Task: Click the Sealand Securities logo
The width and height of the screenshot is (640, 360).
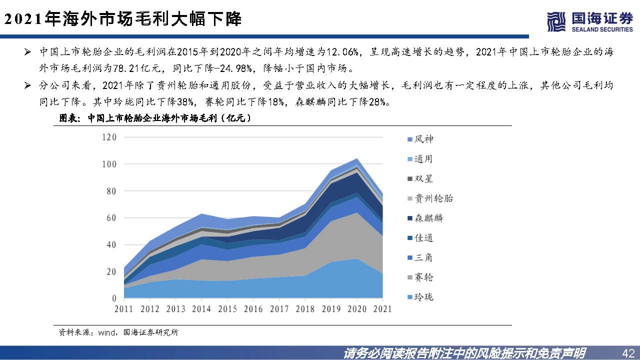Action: pyautogui.click(x=590, y=22)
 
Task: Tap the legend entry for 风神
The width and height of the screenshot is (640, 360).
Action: pyautogui.click(x=419, y=139)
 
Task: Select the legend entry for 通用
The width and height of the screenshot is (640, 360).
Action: pyautogui.click(x=419, y=159)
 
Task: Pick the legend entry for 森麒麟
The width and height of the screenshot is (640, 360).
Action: pyautogui.click(x=424, y=218)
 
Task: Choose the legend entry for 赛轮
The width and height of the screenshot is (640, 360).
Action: pyautogui.click(x=419, y=277)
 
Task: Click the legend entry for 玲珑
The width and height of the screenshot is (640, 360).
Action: pyautogui.click(x=419, y=297)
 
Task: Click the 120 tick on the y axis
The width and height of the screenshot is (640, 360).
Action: pyautogui.click(x=108, y=137)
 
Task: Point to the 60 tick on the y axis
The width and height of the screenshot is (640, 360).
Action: pyautogui.click(x=111, y=218)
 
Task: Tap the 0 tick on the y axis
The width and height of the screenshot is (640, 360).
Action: pyautogui.click(x=114, y=298)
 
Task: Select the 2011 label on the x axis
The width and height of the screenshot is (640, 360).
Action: pyautogui.click(x=123, y=309)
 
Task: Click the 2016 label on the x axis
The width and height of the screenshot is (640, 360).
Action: pyautogui.click(x=253, y=309)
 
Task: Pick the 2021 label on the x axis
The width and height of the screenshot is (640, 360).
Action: pyautogui.click(x=382, y=309)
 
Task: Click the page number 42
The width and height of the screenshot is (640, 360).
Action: pyautogui.click(x=628, y=352)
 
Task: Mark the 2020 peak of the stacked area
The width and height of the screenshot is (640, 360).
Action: pyautogui.click(x=356, y=158)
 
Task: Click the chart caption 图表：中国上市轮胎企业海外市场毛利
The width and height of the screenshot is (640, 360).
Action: pyautogui.click(x=155, y=118)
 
